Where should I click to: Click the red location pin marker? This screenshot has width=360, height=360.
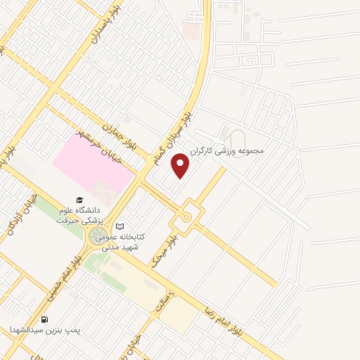[181, 165]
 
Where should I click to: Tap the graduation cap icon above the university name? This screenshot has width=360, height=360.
[79, 200]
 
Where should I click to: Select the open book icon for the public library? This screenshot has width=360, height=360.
[120, 226]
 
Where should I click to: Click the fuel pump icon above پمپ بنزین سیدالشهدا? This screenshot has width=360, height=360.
[45, 319]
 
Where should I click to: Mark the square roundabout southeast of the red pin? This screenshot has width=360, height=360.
[186, 215]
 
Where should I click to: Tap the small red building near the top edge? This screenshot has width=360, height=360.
[191, 30]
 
